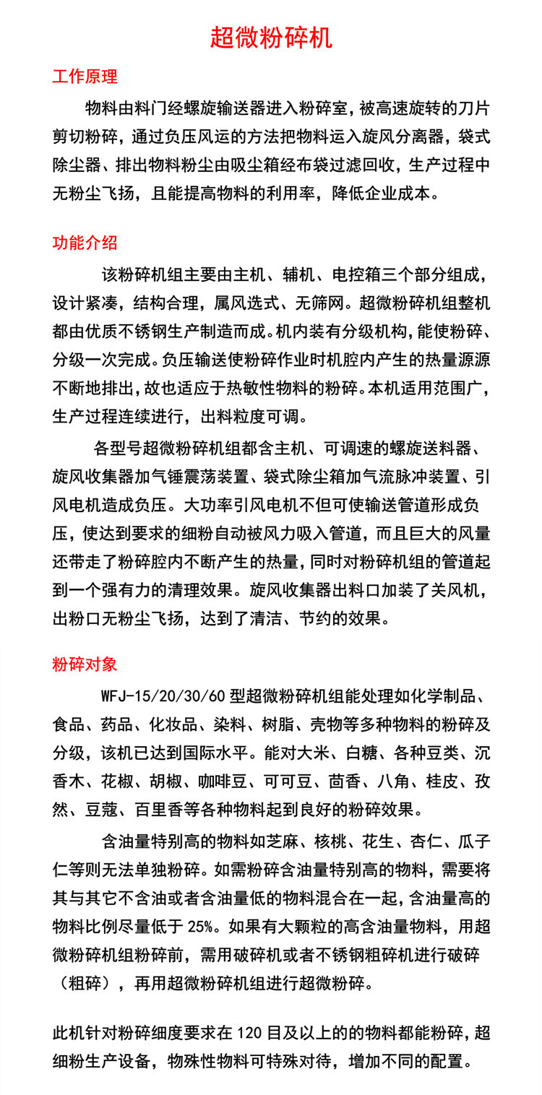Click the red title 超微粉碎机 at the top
pyautogui.click(x=271, y=37)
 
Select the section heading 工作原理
pyautogui.click(x=85, y=77)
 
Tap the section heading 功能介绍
pyautogui.click(x=85, y=242)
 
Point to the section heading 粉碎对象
pyautogui.click(x=85, y=664)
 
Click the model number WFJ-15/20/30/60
pyautogui.click(x=154, y=697)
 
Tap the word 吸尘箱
pyautogui.click(x=272, y=165)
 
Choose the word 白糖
pyautogui.click(x=363, y=753)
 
